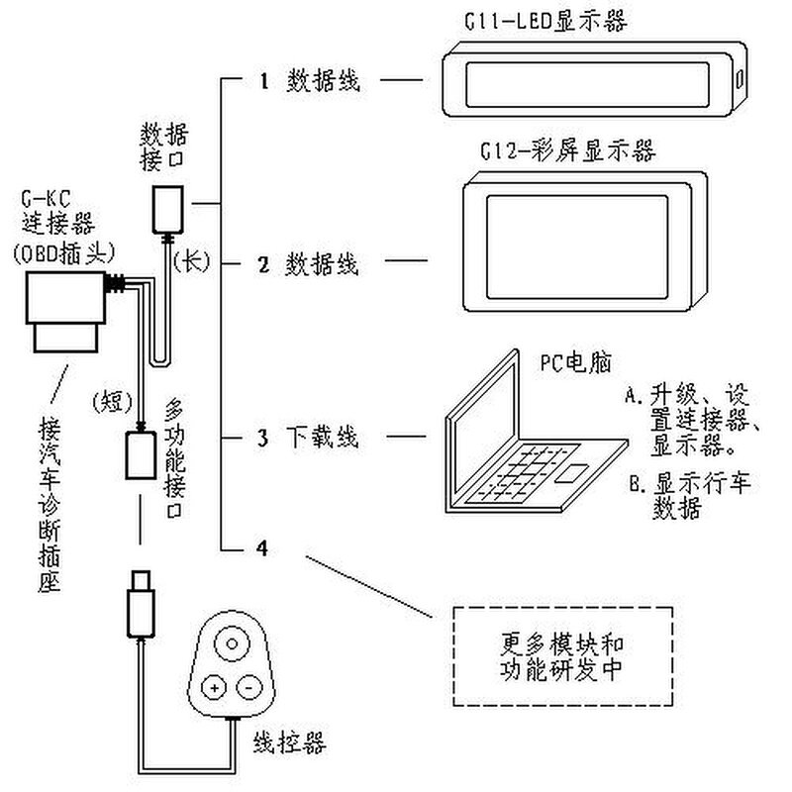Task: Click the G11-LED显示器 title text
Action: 546,21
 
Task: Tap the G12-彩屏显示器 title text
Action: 567,151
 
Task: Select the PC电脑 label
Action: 576,362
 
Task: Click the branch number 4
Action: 262,548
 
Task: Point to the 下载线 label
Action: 323,437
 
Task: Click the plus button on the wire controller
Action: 215,687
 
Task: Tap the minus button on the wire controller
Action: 249,687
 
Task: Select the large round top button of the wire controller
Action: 233,644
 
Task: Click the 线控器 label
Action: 289,743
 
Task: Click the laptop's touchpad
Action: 571,473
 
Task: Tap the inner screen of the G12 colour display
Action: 577,247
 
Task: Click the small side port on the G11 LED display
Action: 739,79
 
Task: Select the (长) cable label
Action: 191,261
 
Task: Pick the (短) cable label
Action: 113,402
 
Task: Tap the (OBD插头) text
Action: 64,254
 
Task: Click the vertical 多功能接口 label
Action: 174,458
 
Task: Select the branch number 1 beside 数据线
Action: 263,81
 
